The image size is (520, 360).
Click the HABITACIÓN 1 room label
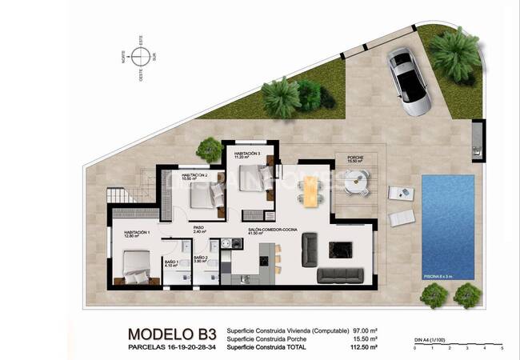tap(126, 232)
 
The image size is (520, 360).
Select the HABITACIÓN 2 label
tap(194, 176)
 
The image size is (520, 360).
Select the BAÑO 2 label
tap(202, 258)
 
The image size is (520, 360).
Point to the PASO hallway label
tap(199, 228)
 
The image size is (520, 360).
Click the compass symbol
tap(142, 57)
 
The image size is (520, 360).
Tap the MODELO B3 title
tap(171, 334)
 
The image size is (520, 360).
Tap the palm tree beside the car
tap(455, 52)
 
